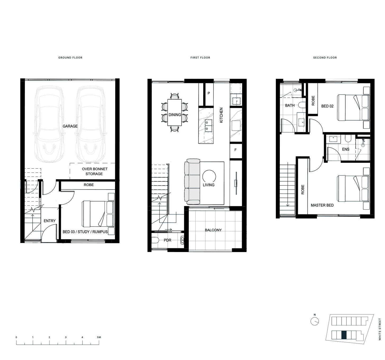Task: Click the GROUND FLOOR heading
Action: pos(70,57)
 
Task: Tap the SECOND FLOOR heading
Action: pos(325,57)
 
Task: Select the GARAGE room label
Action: pos(70,126)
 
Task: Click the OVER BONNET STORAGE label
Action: pos(94,171)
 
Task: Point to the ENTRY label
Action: pos(50,221)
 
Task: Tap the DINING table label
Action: pos(175,115)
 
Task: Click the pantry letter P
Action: pos(209,93)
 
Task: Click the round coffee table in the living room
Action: pos(209,177)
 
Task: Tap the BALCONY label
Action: pos(213,230)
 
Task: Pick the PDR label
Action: pos(167,240)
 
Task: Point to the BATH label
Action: pos(290,105)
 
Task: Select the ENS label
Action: pos(346,149)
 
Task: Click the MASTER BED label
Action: pos(322,205)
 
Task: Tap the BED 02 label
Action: pos(328,106)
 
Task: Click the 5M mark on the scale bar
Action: pos(99,337)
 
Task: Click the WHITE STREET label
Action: pos(380,329)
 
